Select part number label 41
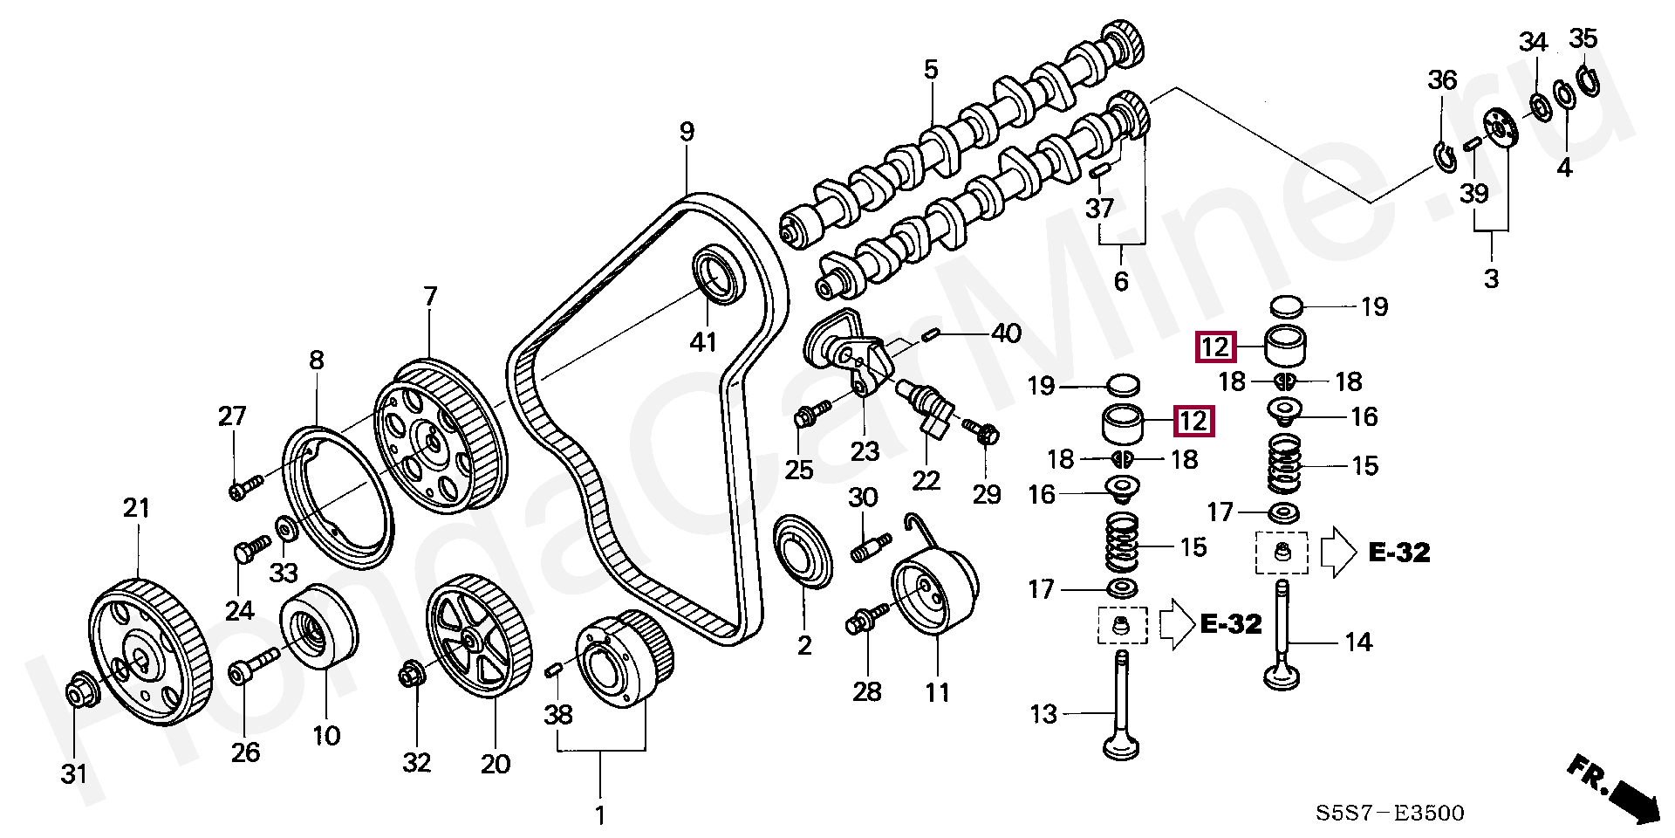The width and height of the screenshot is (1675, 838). coord(703,341)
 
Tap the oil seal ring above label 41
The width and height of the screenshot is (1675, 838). coord(720,274)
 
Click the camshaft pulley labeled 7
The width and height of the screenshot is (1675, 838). coord(439,436)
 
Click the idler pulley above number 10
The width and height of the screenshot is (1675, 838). coord(318,627)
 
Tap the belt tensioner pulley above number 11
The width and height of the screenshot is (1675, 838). coord(934,594)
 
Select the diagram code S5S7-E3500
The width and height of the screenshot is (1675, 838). coord(1391,814)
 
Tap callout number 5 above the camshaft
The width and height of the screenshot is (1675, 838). coord(931,69)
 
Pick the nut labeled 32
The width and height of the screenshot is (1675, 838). coord(411,674)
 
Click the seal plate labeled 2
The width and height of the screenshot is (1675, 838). coord(804,553)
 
